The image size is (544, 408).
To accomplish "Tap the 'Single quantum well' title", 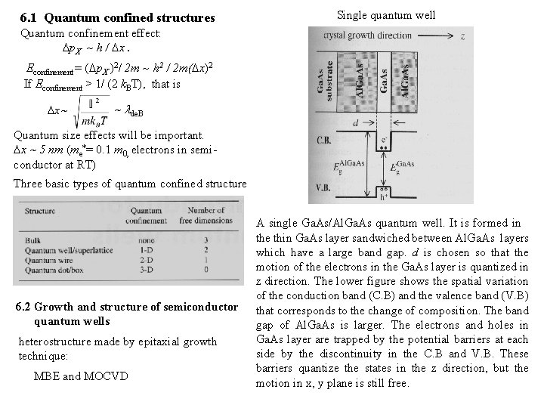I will [x=385, y=14].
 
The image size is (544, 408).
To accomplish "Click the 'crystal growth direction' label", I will [x=386, y=36].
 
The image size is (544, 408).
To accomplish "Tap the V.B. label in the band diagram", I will [x=325, y=187].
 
